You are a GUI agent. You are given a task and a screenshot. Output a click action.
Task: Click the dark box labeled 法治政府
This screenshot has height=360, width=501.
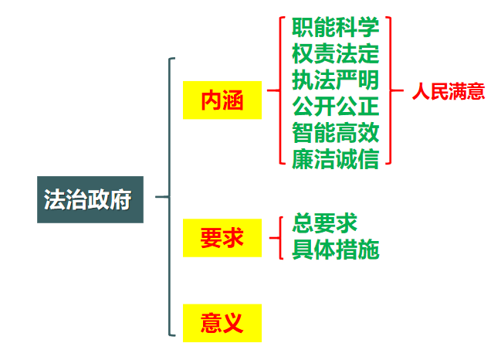pyautogui.click(x=90, y=200)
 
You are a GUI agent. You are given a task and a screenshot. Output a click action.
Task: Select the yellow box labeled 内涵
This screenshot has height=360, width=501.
pyautogui.click(x=222, y=100)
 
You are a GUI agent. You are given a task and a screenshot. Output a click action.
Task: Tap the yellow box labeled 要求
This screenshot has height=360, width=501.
pyautogui.click(x=222, y=238)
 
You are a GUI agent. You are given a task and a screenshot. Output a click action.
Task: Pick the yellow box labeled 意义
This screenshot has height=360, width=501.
pyautogui.click(x=222, y=322)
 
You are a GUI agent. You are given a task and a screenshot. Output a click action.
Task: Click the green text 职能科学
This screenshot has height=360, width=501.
pyautogui.click(x=335, y=28)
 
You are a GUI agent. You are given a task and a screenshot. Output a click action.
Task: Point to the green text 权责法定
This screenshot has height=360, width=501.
pyautogui.click(x=335, y=53)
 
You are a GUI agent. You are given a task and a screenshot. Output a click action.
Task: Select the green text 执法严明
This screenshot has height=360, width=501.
pyautogui.click(x=335, y=79)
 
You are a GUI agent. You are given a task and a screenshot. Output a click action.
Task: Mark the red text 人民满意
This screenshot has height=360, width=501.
pyautogui.click(x=448, y=92)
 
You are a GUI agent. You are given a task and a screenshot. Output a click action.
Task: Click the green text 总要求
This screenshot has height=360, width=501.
pyautogui.click(x=324, y=224)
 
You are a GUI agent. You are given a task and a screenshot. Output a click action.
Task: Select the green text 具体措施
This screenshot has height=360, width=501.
pyautogui.click(x=335, y=250)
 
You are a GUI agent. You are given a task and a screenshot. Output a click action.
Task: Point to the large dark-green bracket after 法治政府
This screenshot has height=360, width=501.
pyautogui.click(x=169, y=197)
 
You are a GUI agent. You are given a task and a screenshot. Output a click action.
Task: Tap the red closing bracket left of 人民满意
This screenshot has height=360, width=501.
pyautogui.click(x=391, y=90)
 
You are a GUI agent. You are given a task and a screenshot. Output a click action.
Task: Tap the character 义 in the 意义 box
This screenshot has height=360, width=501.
pyautogui.click(x=232, y=322)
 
